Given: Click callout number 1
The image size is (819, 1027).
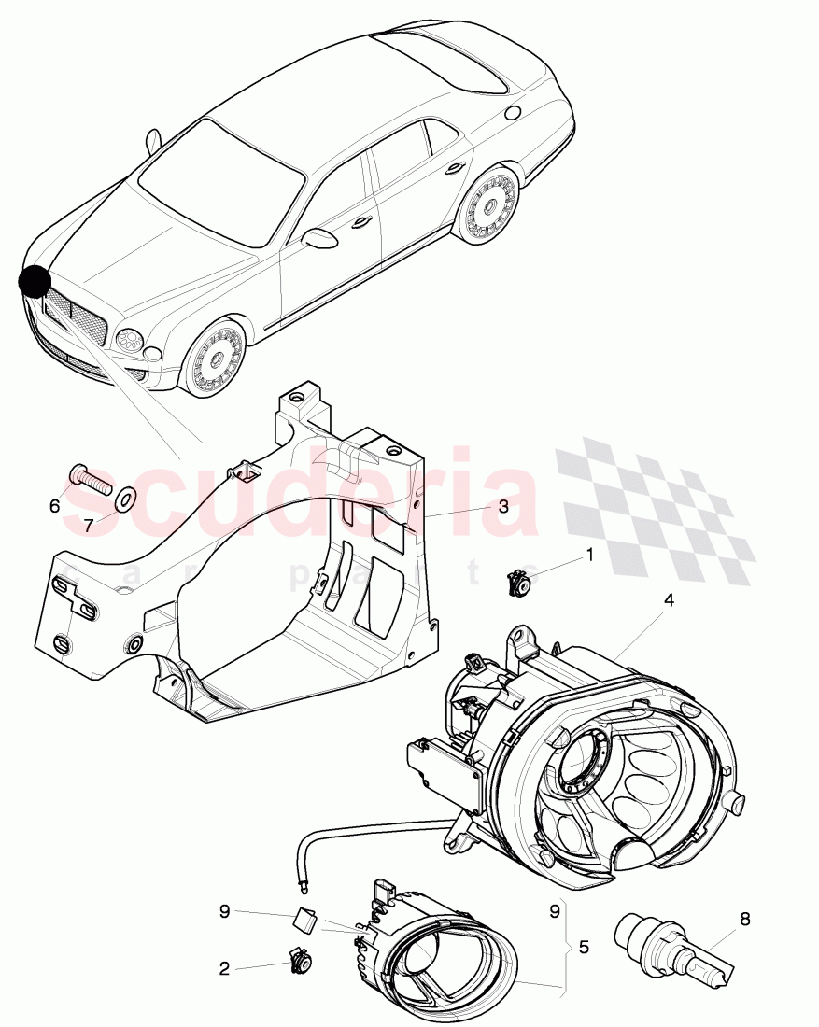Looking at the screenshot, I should click(589, 554).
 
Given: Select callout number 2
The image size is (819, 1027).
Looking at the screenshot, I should click(224, 969).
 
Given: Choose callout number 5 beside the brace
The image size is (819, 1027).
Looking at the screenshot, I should click(584, 947).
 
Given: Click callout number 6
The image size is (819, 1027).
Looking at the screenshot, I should click(54, 505).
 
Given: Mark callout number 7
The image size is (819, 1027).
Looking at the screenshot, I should click(89, 526).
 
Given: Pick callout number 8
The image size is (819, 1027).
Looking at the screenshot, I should click(744, 919).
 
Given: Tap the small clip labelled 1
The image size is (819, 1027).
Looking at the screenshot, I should click(516, 583).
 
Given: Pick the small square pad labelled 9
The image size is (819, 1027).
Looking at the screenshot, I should click(303, 920).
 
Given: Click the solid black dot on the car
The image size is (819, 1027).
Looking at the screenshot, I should click(35, 281).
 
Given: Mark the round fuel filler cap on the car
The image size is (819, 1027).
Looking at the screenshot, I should click(511, 112).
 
